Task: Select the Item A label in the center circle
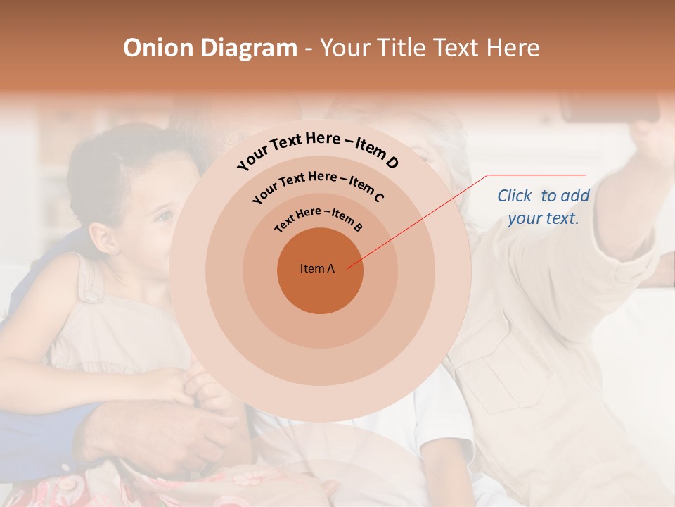point(317,268)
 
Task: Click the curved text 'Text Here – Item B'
point(319,218)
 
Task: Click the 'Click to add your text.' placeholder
point(544,206)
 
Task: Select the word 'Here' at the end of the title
point(515,48)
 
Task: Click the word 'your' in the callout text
point(524,218)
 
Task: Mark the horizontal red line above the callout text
point(536,175)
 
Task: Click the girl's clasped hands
point(204,387)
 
